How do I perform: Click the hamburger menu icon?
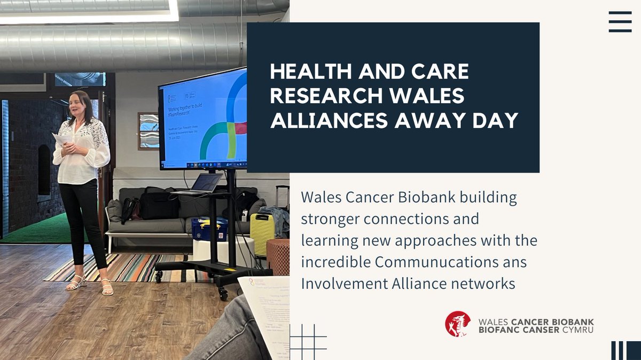pyautogui.click(x=620, y=21)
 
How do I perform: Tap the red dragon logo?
pyautogui.click(x=458, y=324)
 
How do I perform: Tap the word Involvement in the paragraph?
pyautogui.click(x=340, y=284)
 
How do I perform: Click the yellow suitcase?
pyautogui.click(x=262, y=234)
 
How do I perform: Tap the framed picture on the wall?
pyautogui.click(x=148, y=130)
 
